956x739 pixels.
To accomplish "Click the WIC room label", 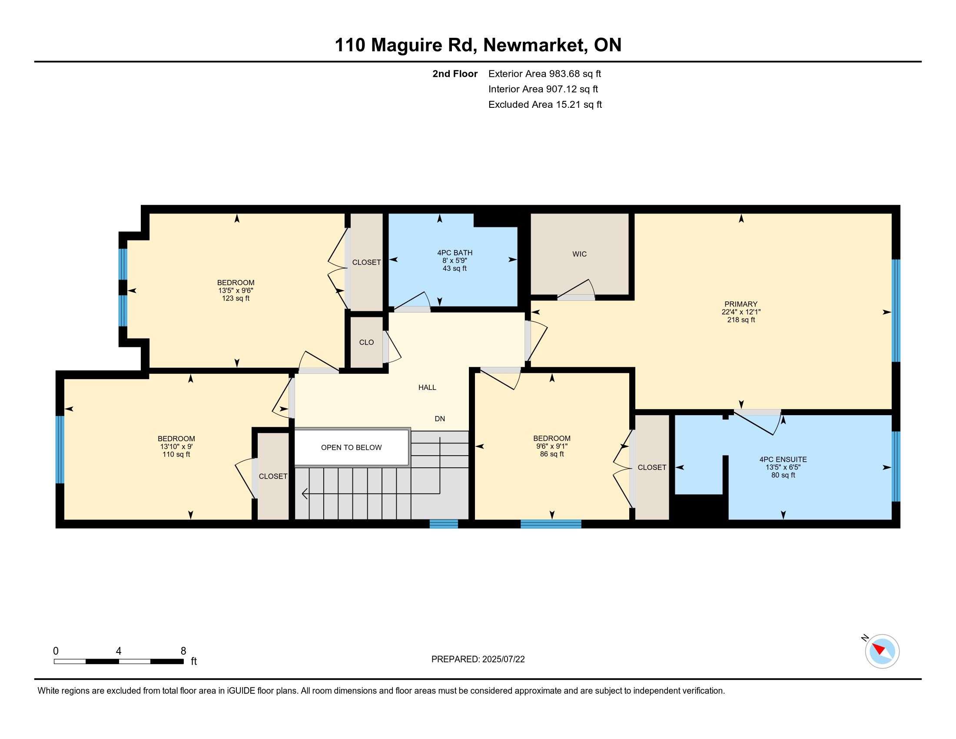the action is [x=579, y=254].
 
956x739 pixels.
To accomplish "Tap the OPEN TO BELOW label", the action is [x=351, y=447].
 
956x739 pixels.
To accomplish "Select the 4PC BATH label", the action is [x=455, y=253].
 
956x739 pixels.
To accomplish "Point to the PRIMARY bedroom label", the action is [x=740, y=304].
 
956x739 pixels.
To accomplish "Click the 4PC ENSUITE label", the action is [x=783, y=459].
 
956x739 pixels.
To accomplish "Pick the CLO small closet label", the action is [x=366, y=343].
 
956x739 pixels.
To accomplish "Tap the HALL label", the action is [x=427, y=387].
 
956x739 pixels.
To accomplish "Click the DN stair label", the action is [x=440, y=419].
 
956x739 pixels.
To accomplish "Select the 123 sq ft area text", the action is [x=236, y=299].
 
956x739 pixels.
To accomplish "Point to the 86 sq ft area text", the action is [x=552, y=454].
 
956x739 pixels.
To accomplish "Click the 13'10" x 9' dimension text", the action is [x=176, y=446].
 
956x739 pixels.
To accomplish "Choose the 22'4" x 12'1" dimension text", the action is [x=741, y=312].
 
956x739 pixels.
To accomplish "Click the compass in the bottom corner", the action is [x=882, y=651].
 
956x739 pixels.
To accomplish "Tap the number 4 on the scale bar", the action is [x=119, y=651].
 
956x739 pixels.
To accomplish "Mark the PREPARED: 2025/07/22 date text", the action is [x=478, y=659].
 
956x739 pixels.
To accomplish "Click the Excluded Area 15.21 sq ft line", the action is [x=545, y=105].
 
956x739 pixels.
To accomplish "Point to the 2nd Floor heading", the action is [x=455, y=74].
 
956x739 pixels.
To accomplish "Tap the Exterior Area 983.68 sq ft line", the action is [x=545, y=74].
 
